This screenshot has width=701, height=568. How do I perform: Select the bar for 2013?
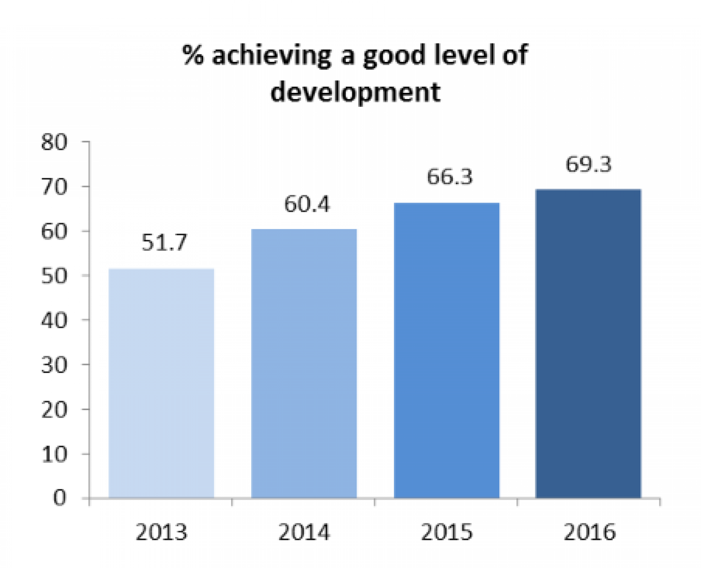[x=161, y=383]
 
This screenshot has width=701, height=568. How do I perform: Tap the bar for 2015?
[x=447, y=350]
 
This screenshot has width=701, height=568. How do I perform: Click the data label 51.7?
[x=164, y=242]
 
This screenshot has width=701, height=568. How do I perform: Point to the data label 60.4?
[x=307, y=204]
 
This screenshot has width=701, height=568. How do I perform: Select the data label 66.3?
[x=449, y=177]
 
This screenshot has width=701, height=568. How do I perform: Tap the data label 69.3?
[x=588, y=164]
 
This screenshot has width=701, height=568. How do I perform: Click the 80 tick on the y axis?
[x=54, y=142]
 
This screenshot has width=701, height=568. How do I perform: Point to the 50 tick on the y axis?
[x=54, y=276]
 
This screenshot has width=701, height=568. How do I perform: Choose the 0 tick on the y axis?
[x=60, y=498]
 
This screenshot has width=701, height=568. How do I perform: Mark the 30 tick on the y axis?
[x=54, y=365]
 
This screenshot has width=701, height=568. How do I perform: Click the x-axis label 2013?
[x=161, y=532]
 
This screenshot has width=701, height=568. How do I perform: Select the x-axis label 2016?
[x=589, y=532]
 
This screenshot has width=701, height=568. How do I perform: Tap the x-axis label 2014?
[x=304, y=532]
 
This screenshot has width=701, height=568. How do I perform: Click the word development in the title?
[x=355, y=92]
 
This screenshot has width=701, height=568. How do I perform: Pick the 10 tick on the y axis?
[x=54, y=454]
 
